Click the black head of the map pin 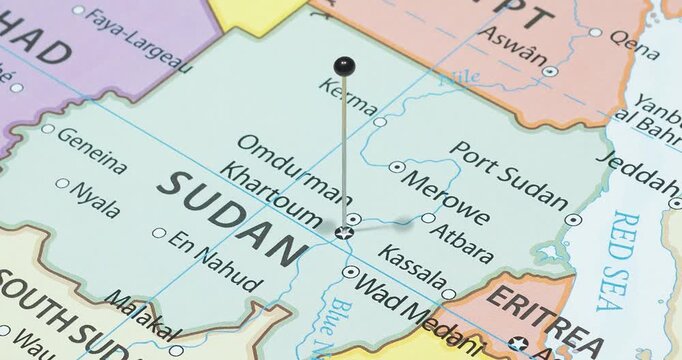[x=344, y=67]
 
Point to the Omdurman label [x=279, y=159]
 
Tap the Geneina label [x=92, y=150]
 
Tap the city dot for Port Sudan [x=572, y=219]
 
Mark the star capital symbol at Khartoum [x=344, y=233]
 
